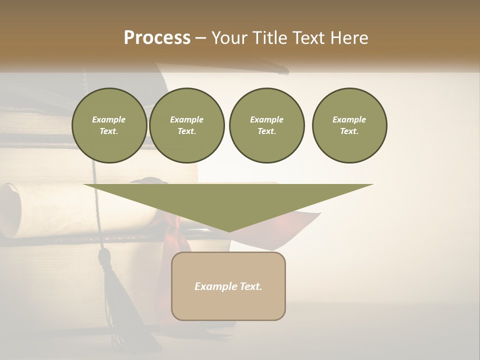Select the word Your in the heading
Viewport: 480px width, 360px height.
pos(231,38)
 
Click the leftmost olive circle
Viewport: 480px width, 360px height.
pos(109,125)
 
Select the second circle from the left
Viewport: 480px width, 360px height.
pos(187,125)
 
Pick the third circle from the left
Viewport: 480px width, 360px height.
pos(266,125)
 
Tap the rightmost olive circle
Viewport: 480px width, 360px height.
pos(349,125)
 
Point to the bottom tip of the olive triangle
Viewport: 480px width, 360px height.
pos(229,230)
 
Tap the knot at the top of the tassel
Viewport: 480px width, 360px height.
pos(104,257)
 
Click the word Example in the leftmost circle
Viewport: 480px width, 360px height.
pos(109,119)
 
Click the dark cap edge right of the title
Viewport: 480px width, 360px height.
pos(283,70)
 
